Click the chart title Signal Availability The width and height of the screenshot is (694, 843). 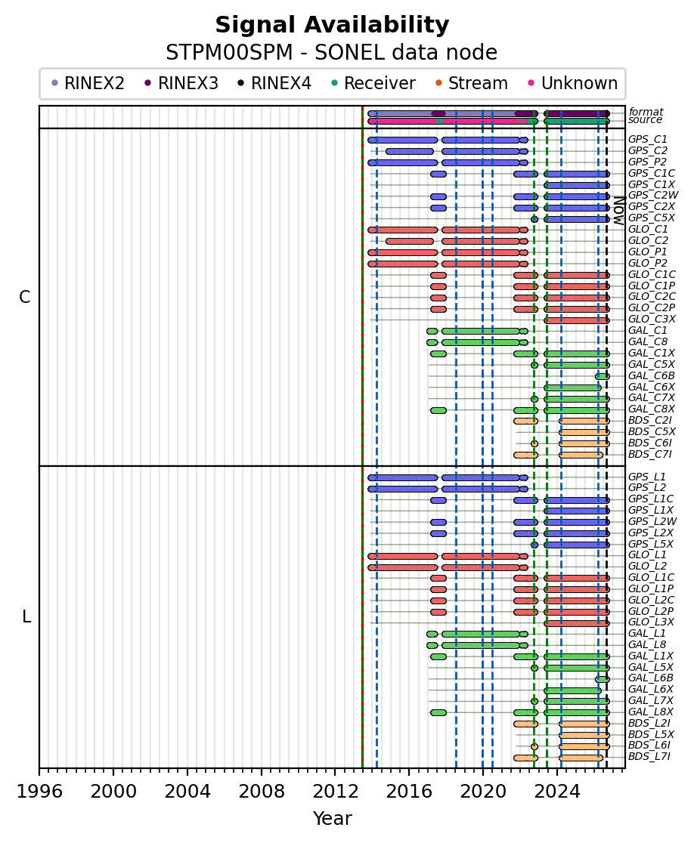coord(332,25)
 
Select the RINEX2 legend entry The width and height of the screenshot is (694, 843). coord(88,83)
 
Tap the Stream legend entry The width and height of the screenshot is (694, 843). coord(471,83)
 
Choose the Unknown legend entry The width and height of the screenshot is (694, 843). coord(573,83)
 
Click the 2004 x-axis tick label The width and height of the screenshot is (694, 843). coord(187,792)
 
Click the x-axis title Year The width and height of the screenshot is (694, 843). coord(333,818)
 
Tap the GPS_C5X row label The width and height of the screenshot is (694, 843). coord(652,218)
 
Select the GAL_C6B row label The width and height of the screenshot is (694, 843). coord(652,376)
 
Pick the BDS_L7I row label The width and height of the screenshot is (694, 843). coord(650,757)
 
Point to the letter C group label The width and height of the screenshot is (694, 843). coord(25,297)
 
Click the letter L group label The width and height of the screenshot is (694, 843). coord(26,616)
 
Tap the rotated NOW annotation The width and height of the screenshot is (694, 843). coord(620,211)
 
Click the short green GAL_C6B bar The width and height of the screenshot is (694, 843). coord(603,376)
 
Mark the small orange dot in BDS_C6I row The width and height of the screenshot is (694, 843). coord(534,443)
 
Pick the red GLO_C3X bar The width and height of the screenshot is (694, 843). coord(577,320)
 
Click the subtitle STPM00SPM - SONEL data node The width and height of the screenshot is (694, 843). coord(332,53)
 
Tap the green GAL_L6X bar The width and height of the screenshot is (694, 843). coord(572,690)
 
